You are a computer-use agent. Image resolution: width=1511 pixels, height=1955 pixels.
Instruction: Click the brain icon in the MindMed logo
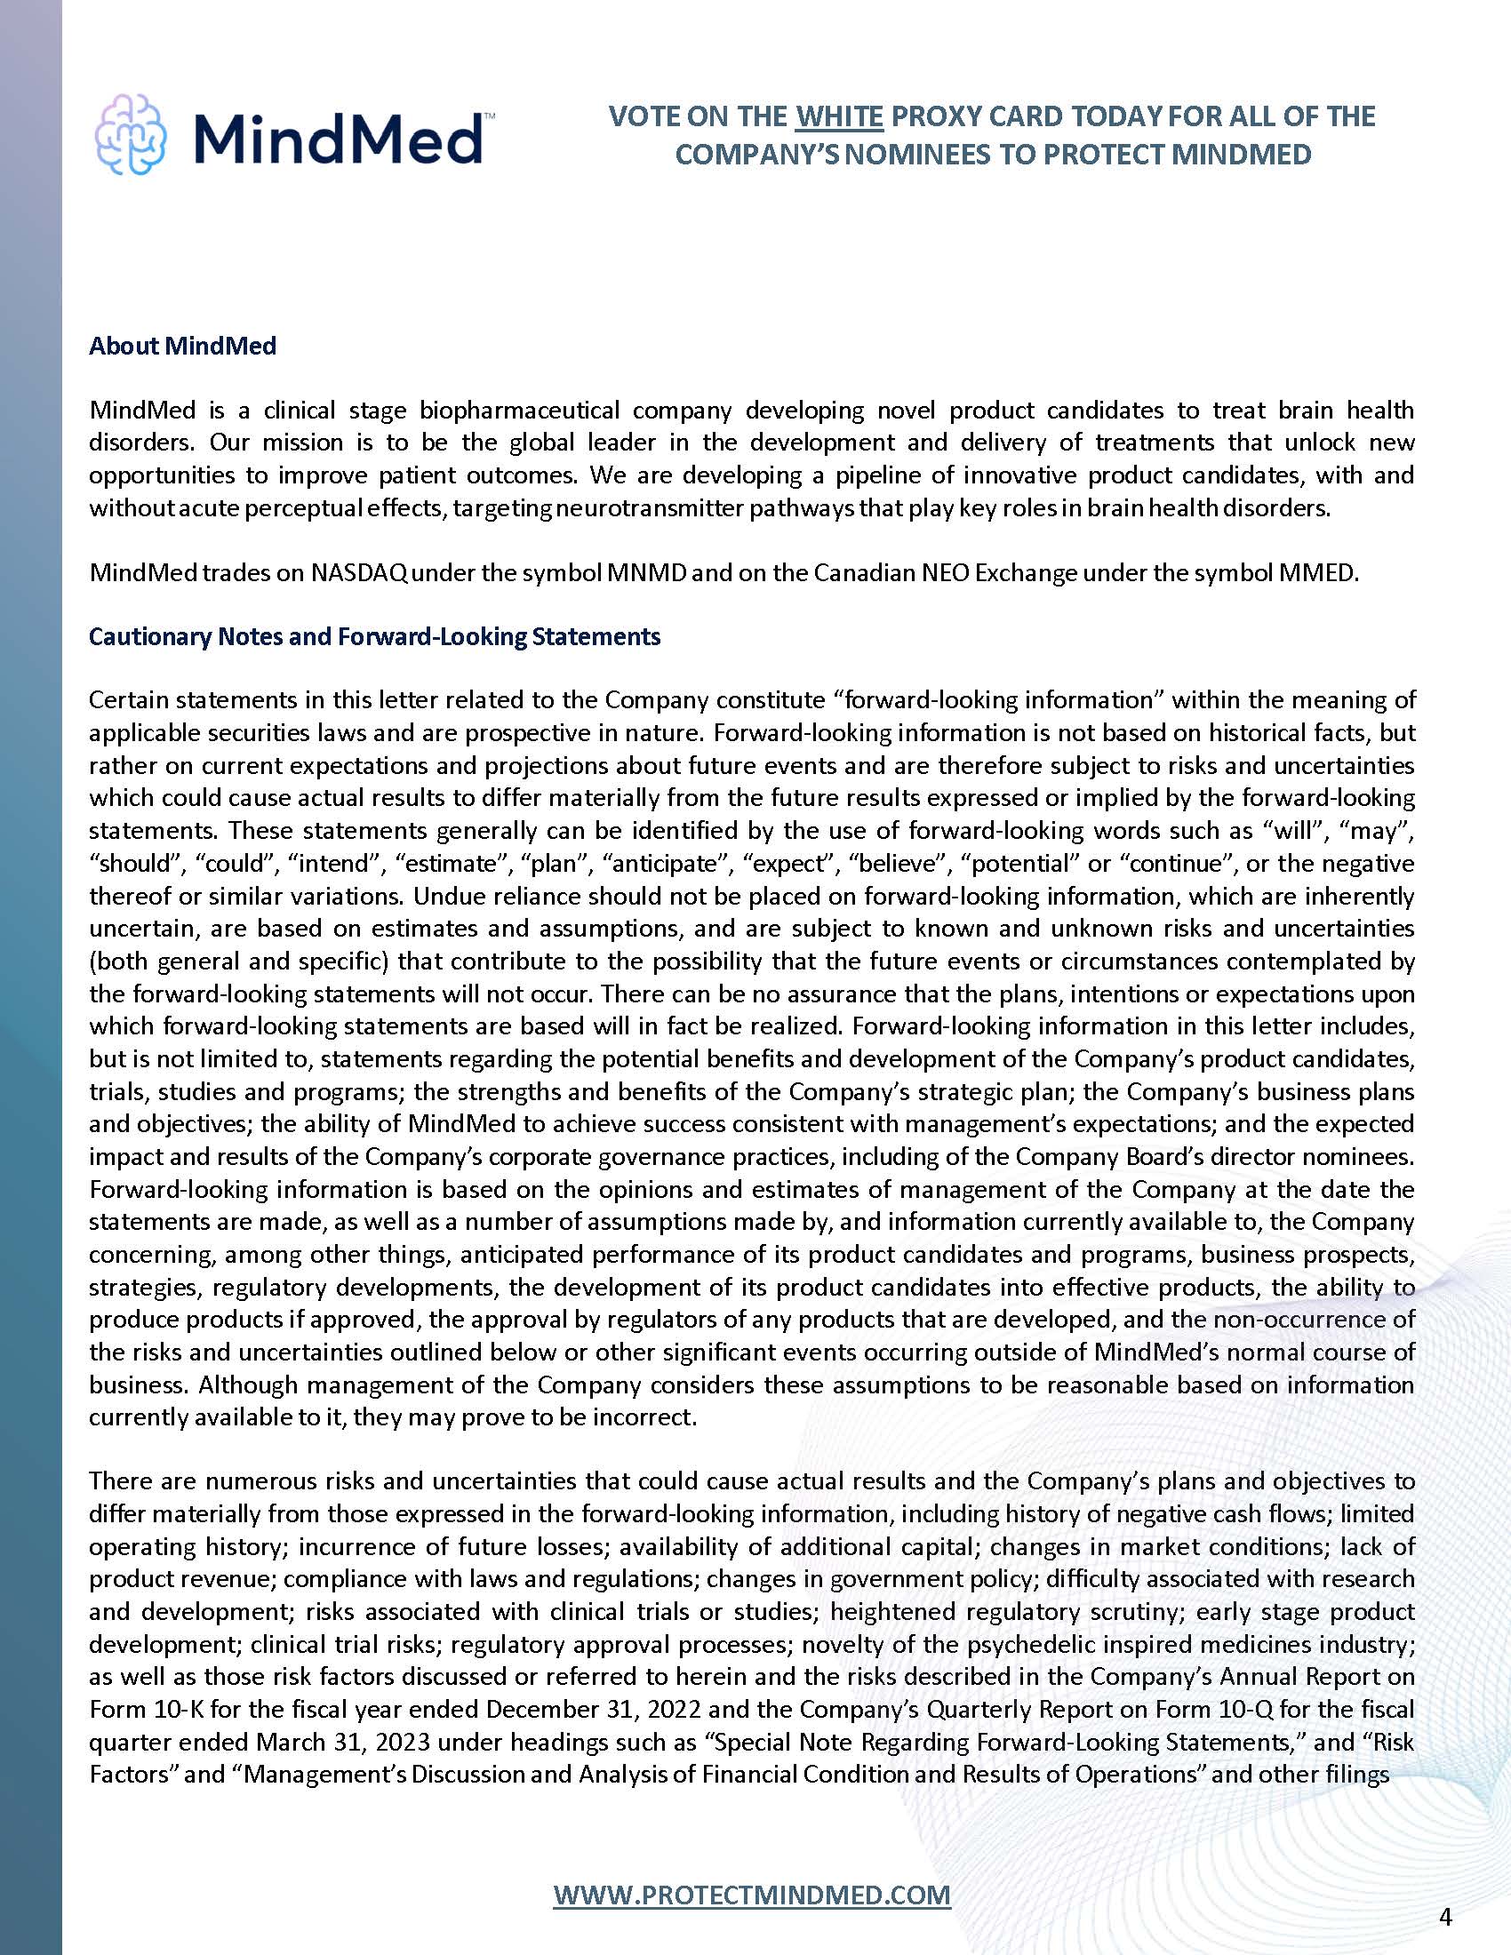click(x=130, y=134)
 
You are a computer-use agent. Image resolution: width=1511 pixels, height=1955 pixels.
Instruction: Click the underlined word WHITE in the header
click(x=839, y=116)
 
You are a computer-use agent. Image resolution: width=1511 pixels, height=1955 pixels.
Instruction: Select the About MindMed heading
click(x=182, y=346)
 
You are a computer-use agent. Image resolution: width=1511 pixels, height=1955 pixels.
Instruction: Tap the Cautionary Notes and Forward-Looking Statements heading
click(x=374, y=636)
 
